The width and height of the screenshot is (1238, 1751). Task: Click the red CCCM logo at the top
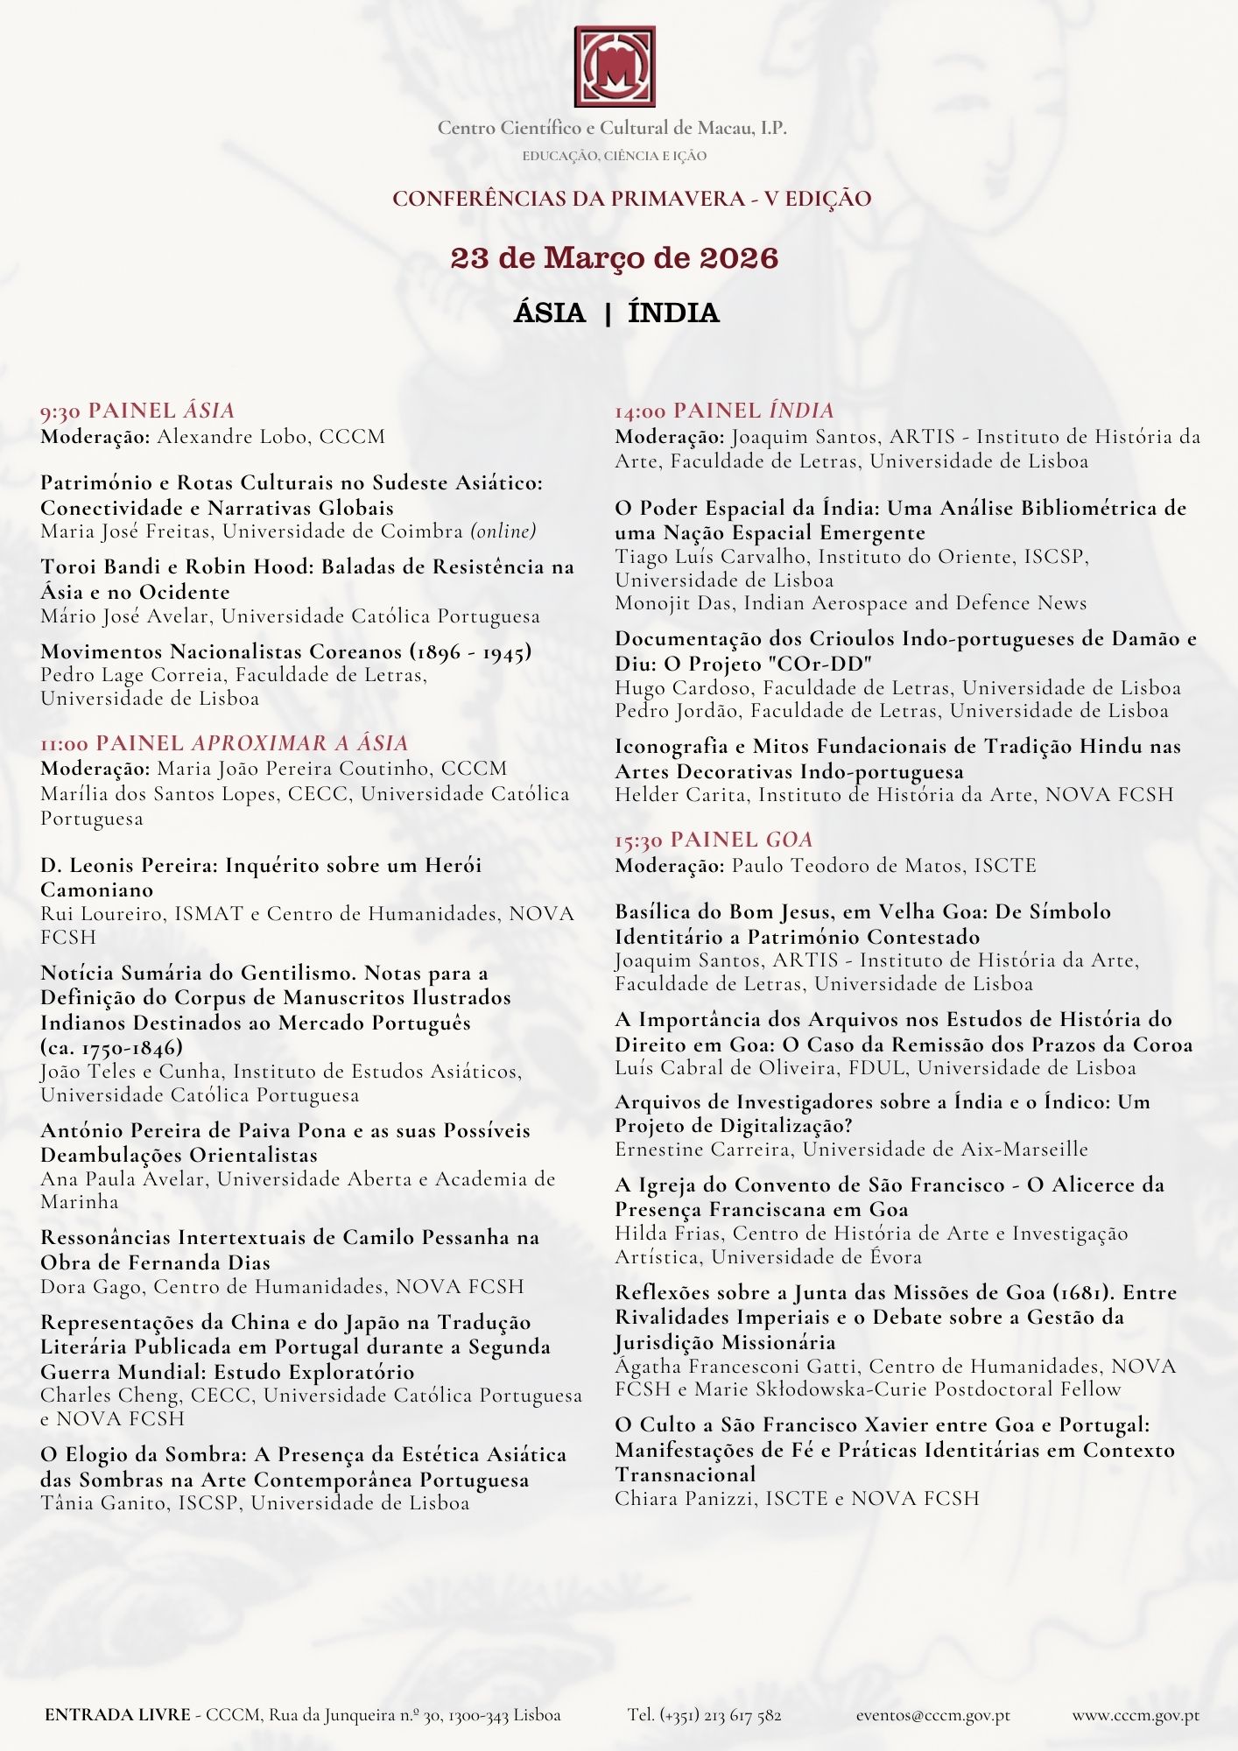(x=615, y=67)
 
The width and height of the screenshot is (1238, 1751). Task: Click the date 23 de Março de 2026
(x=615, y=258)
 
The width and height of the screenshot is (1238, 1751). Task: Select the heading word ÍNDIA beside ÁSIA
(x=673, y=313)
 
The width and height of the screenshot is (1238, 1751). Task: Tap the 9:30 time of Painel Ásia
(x=60, y=411)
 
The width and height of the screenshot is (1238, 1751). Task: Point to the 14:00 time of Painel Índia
(x=640, y=411)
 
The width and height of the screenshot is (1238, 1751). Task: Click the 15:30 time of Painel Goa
(x=638, y=840)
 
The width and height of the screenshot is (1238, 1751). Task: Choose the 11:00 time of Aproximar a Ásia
(x=64, y=744)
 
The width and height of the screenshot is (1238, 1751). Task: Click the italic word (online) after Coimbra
(x=503, y=531)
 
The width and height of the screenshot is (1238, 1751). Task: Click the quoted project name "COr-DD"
(x=821, y=664)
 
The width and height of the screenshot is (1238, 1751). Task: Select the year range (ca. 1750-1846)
(x=112, y=1047)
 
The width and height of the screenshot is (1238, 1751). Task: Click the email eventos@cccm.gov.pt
(x=932, y=1715)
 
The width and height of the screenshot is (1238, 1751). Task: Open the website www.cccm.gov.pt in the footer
(x=1136, y=1715)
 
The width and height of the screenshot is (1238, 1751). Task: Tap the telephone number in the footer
(x=704, y=1715)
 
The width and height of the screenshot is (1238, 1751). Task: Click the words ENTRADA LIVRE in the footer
(x=117, y=1715)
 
